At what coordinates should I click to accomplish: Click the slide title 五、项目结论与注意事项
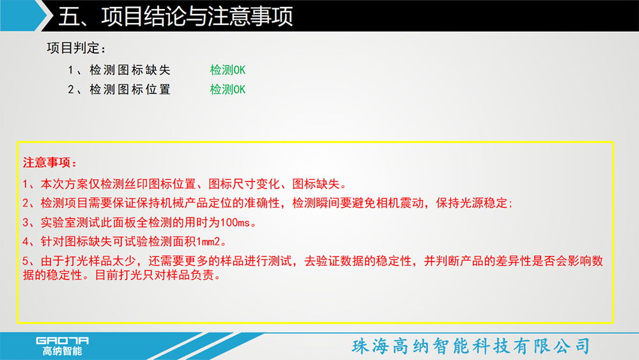pyautogui.click(x=176, y=16)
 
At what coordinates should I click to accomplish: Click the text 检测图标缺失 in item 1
pyautogui.click(x=130, y=70)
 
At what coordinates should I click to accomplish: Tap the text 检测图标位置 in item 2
pyautogui.click(x=130, y=90)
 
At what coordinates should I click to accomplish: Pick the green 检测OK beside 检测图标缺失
pyautogui.click(x=227, y=70)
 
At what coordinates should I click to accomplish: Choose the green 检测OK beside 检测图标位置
pyautogui.click(x=227, y=90)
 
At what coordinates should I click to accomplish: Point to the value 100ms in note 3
pyautogui.click(x=235, y=223)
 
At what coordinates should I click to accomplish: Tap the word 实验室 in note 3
pyautogui.click(x=58, y=223)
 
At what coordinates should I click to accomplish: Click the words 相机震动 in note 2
pyautogui.click(x=399, y=203)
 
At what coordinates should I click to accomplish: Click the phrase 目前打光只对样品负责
pyautogui.click(x=154, y=275)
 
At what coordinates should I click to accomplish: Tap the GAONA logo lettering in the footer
pyautogui.click(x=63, y=340)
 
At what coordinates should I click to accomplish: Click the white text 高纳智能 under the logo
pyautogui.click(x=63, y=351)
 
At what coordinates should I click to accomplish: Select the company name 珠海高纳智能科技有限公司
pyautogui.click(x=471, y=346)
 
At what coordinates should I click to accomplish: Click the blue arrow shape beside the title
pyautogui.click(x=24, y=15)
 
